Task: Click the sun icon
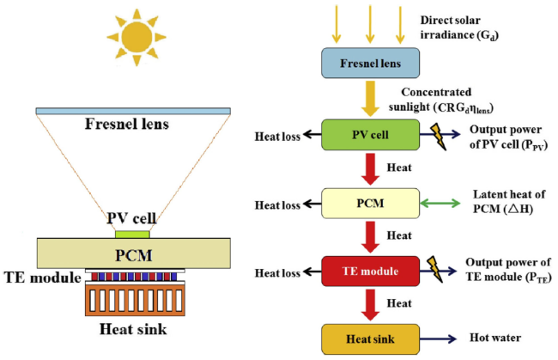pyautogui.click(x=136, y=38)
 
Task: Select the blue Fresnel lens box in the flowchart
pyautogui.click(x=370, y=63)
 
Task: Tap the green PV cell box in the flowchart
pyautogui.click(x=370, y=135)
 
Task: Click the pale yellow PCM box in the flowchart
pyautogui.click(x=370, y=203)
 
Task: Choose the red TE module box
pyautogui.click(x=370, y=271)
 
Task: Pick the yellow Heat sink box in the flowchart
pyautogui.click(x=370, y=339)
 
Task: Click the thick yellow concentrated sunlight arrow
pyautogui.click(x=370, y=98)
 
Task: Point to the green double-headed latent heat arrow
pyautogui.click(x=440, y=204)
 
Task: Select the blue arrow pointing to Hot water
pyautogui.click(x=438, y=339)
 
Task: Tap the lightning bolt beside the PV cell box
pyautogui.click(x=439, y=137)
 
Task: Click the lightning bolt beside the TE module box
pyautogui.click(x=435, y=269)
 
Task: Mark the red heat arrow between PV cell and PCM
pyautogui.click(x=370, y=169)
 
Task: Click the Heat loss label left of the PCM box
pyautogui.click(x=277, y=205)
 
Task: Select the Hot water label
pyautogui.click(x=495, y=338)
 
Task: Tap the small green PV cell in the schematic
pyautogui.click(x=132, y=235)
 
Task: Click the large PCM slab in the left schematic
pyautogui.click(x=134, y=253)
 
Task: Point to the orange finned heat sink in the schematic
pyautogui.click(x=135, y=300)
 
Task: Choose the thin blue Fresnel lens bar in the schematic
pyautogui.click(x=133, y=111)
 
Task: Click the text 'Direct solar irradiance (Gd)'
pyautogui.click(x=459, y=27)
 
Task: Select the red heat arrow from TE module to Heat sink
pyautogui.click(x=370, y=305)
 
